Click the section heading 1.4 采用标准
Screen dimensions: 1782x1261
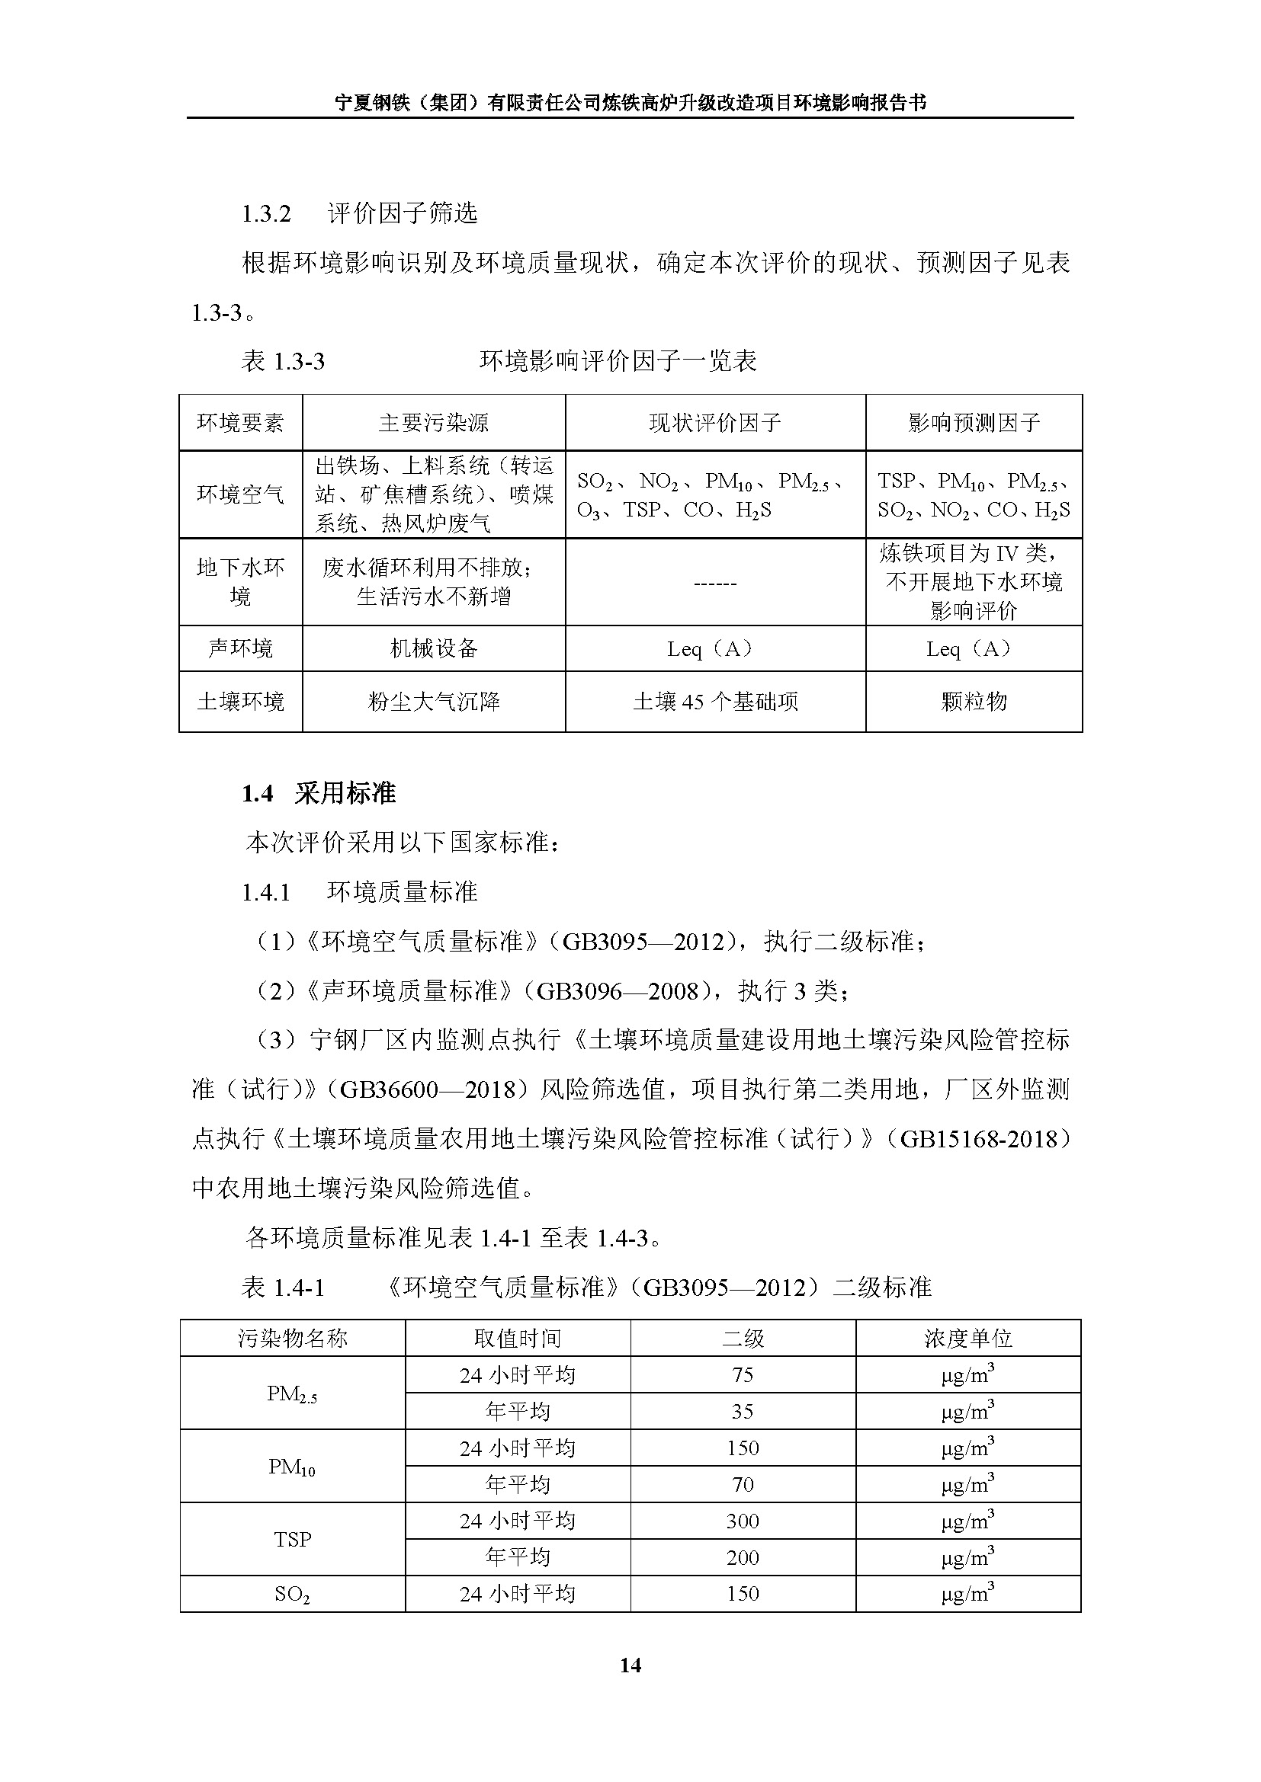319,793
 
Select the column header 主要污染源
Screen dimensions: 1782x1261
433,423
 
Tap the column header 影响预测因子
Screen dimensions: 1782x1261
974,423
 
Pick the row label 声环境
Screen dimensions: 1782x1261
241,648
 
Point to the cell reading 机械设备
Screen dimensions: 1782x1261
433,648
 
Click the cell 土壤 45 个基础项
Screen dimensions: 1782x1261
715,702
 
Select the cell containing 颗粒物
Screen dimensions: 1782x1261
974,702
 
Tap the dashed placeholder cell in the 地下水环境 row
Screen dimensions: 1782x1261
715,582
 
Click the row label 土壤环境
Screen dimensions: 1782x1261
241,702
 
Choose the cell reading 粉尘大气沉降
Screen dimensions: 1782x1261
433,702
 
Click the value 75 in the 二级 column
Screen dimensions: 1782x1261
743,1374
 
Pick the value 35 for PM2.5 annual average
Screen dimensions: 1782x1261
743,1411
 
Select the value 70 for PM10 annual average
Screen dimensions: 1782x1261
743,1484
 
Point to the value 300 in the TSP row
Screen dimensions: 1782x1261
743,1521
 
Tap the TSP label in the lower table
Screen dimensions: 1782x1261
292,1539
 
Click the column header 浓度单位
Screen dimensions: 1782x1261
967,1338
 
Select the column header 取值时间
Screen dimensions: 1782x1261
517,1338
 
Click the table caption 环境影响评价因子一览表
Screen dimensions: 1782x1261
618,361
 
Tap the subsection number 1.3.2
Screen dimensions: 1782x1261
266,214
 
